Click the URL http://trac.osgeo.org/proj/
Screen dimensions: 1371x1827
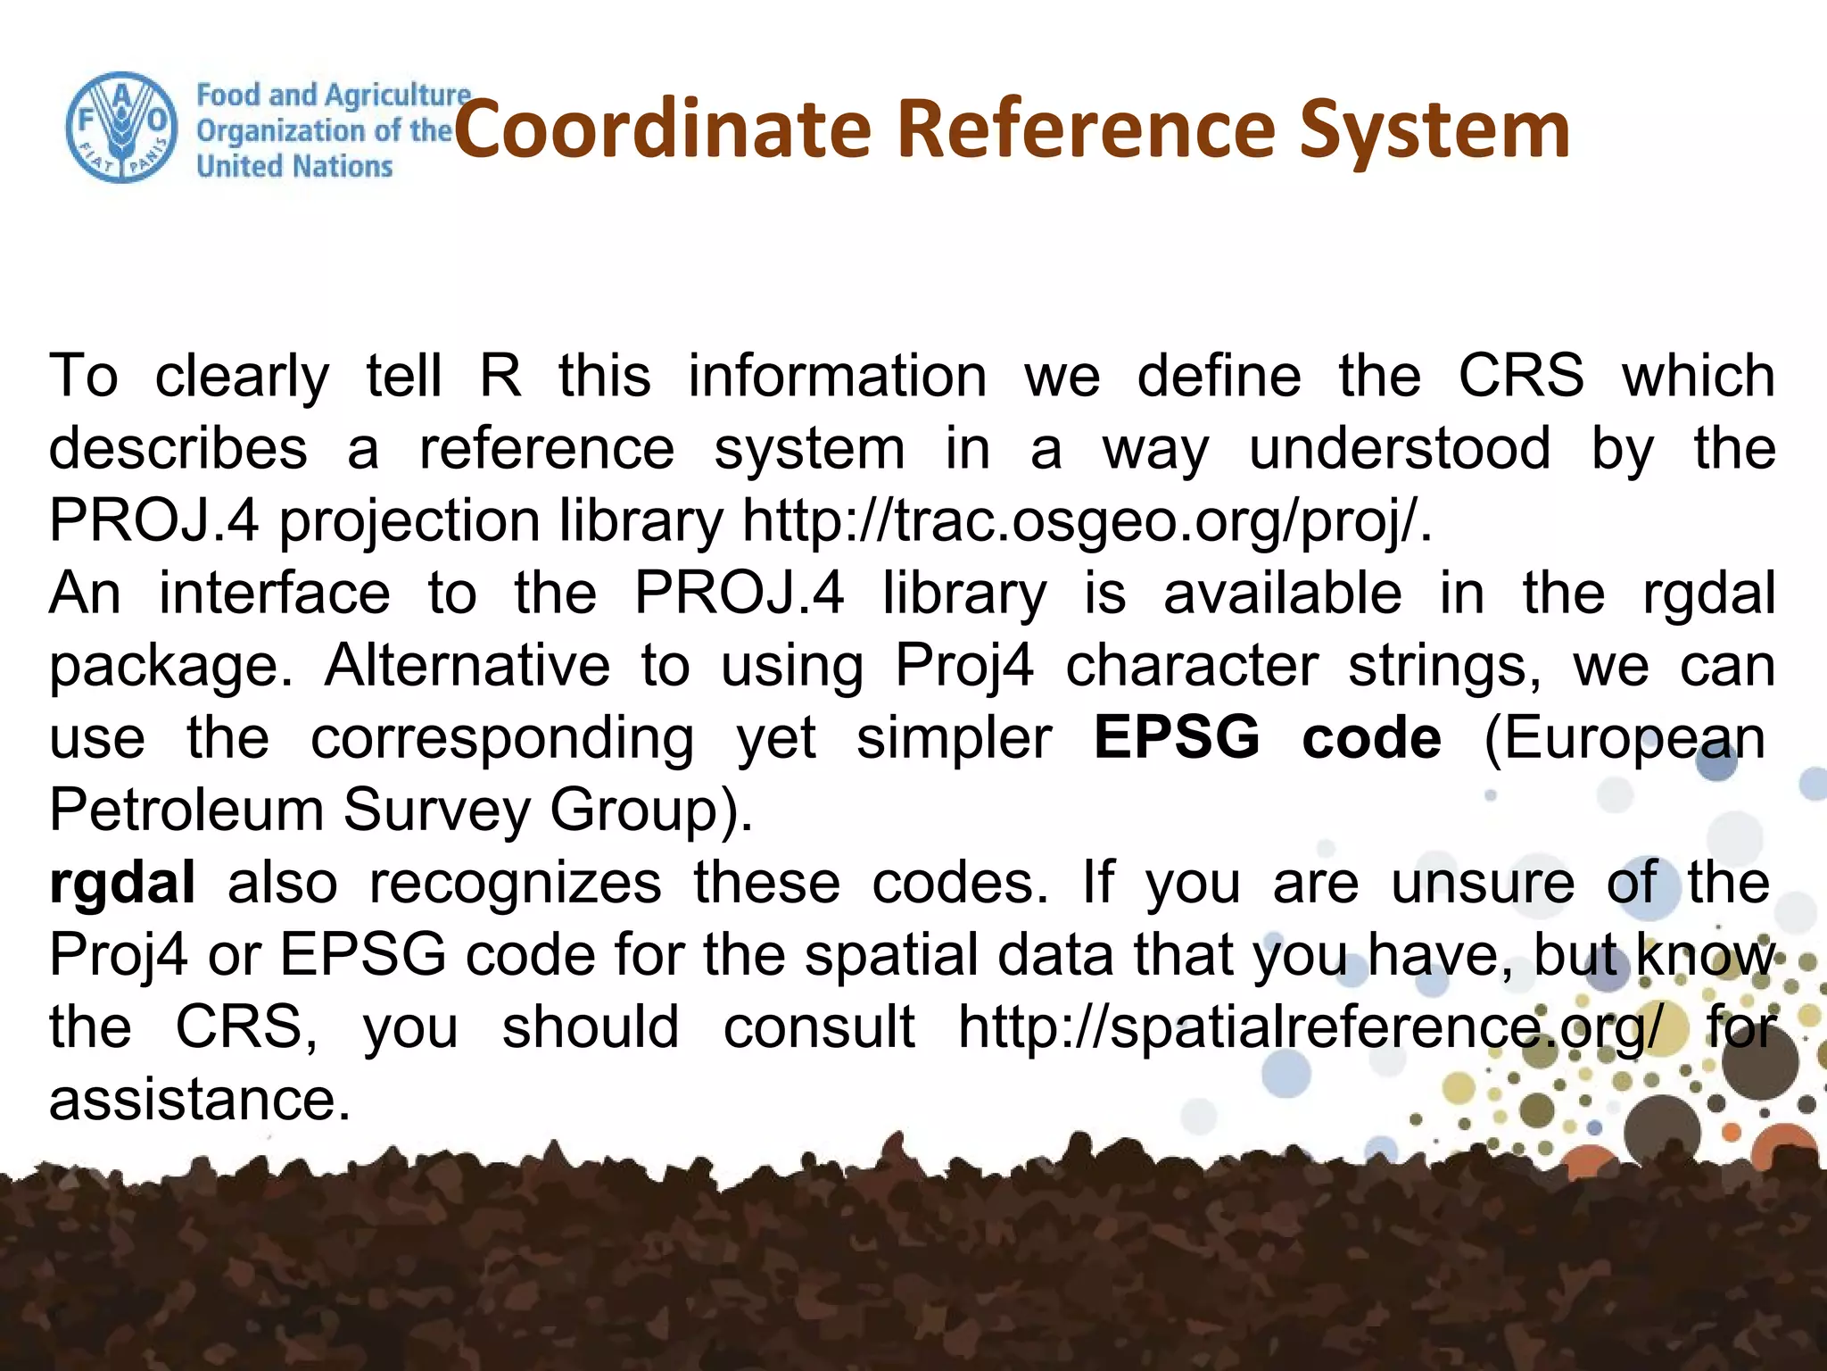click(1086, 521)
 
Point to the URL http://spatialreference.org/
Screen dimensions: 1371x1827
click(1310, 1027)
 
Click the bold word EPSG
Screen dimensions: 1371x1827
click(1177, 738)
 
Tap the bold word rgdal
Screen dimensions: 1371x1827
click(122, 883)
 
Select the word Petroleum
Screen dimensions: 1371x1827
click(186, 810)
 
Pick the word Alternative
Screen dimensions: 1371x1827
click(467, 666)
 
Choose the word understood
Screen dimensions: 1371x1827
click(1400, 448)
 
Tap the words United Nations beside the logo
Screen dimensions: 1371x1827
click(294, 167)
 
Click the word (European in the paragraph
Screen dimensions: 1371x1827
click(1624, 738)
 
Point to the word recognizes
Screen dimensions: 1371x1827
click(515, 883)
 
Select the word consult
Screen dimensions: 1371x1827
click(818, 1027)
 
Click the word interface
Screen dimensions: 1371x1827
click(274, 594)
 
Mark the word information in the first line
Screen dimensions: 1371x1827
click(837, 376)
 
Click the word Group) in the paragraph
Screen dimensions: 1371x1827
click(650, 810)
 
